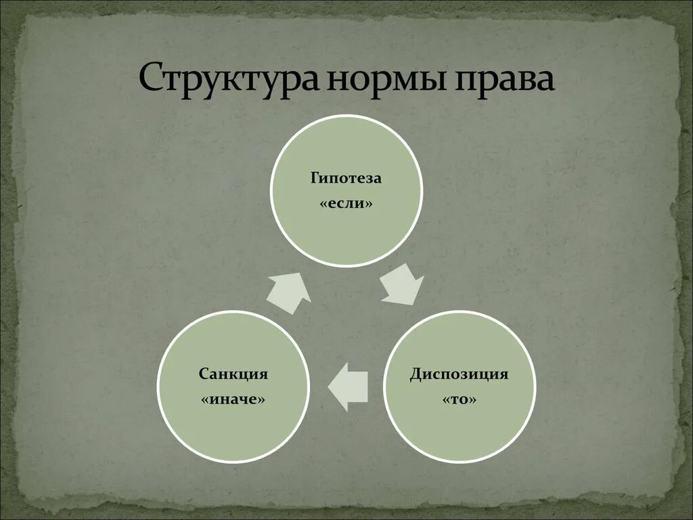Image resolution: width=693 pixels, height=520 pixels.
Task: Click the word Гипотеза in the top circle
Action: coord(346,179)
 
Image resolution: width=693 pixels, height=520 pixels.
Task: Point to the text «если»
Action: coord(346,203)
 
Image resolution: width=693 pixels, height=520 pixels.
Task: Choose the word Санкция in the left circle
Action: coord(233,374)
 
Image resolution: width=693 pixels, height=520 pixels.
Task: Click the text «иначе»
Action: coord(233,399)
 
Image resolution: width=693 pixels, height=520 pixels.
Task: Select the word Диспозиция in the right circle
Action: coord(460,374)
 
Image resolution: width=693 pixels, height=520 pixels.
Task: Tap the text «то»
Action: coord(460,399)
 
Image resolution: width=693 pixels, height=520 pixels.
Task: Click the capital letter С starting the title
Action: coord(150,80)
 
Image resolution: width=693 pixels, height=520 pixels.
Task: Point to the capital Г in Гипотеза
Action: coord(315,179)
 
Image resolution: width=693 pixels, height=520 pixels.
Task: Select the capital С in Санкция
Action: coord(203,374)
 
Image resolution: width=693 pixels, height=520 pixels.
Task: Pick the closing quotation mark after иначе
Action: coord(261,399)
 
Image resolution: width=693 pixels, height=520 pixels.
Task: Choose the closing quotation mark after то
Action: coord(473,399)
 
